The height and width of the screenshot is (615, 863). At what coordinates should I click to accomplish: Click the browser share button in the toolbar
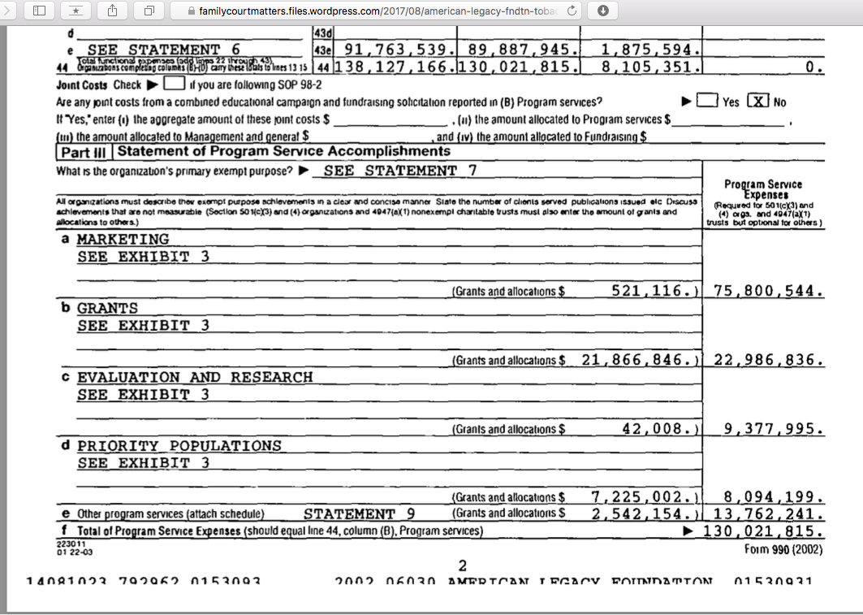pos(113,11)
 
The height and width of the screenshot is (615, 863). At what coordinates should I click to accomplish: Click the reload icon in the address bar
pos(572,11)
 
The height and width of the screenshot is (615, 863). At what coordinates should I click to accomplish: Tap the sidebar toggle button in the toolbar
pos(40,11)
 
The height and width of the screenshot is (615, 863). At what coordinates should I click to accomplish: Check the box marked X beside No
pos(757,102)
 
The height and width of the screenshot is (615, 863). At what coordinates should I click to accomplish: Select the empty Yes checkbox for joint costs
pos(707,102)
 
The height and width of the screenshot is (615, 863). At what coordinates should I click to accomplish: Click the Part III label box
pos(84,152)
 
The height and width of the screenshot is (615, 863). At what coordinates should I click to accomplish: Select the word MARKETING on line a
pos(123,240)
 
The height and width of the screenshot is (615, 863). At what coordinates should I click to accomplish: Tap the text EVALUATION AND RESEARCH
pos(195,378)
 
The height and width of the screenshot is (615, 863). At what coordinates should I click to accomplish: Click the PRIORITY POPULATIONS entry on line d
pos(179,446)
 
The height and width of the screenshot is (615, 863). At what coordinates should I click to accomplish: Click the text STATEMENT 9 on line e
pos(360,513)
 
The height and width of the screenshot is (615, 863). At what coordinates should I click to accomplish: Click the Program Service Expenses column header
pos(762,190)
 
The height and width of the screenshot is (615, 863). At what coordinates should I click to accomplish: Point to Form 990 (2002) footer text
pos(783,548)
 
